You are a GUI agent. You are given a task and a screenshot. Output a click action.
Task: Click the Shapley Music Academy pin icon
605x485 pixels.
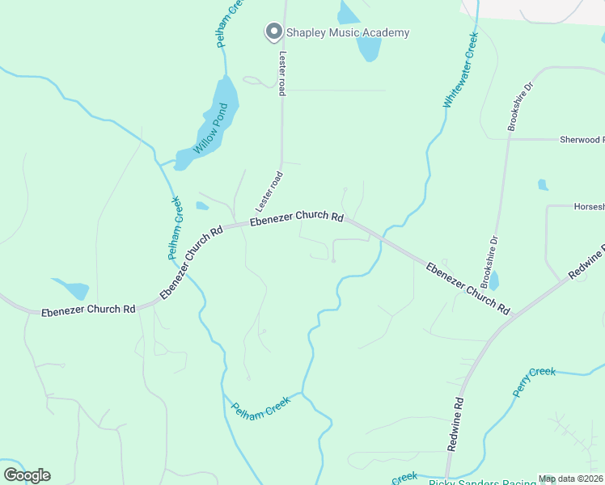[x=273, y=32]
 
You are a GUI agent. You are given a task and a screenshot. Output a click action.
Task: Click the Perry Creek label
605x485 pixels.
[x=534, y=382]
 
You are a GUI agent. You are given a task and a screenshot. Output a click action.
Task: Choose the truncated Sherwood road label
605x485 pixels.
[x=581, y=140]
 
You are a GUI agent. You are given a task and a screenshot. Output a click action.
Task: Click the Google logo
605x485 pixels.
[x=27, y=475]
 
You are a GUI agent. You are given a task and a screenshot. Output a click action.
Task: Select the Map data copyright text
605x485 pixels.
[x=570, y=479]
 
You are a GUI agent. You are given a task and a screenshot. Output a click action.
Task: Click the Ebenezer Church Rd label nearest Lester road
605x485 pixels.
[x=296, y=217]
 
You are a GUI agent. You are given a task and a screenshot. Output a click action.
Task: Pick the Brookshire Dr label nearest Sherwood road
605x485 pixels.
[x=520, y=106]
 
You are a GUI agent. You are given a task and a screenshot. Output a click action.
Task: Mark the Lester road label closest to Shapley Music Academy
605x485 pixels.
[x=282, y=74]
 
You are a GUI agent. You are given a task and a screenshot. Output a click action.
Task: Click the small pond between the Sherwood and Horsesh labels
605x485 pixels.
[x=543, y=185]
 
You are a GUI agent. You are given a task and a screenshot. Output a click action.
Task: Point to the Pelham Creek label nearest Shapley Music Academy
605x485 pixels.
[x=230, y=23]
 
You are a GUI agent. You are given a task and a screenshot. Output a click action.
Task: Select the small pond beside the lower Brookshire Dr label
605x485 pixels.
[x=494, y=281]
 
